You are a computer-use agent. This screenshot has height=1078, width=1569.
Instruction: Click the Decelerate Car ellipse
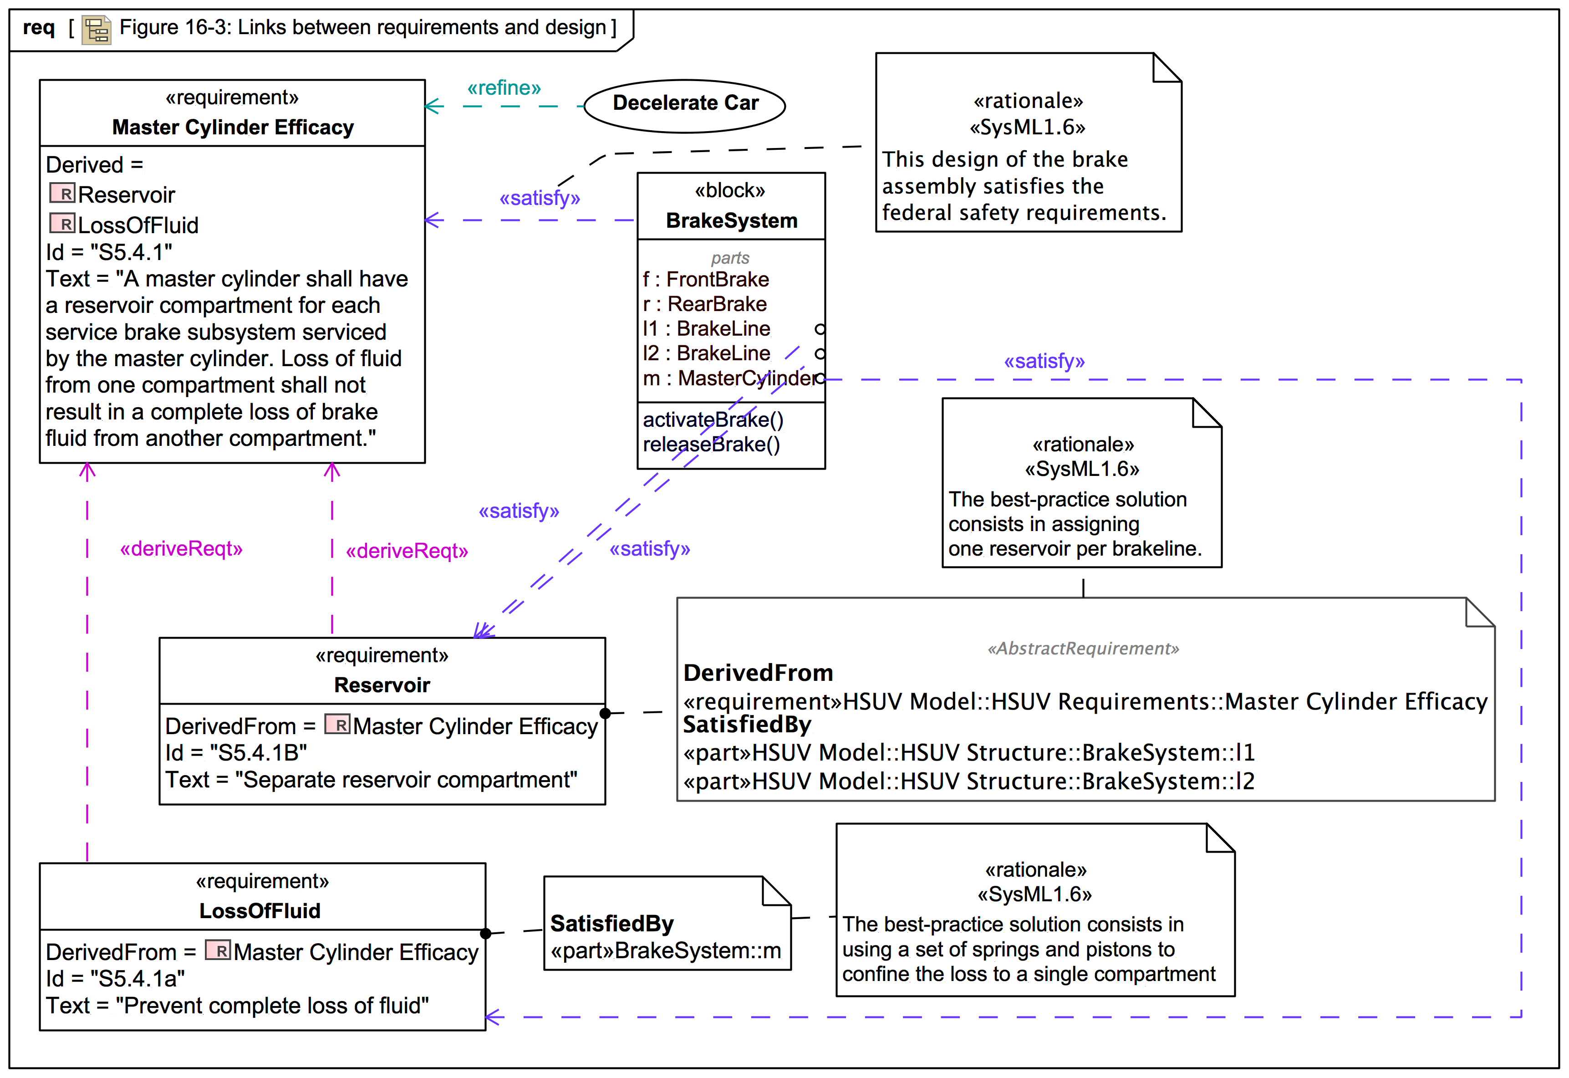[685, 105]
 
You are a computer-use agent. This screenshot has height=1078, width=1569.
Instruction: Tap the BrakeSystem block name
[731, 221]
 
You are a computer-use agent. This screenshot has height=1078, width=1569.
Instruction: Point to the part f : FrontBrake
[706, 279]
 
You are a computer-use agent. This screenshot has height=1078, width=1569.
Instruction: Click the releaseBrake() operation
[711, 444]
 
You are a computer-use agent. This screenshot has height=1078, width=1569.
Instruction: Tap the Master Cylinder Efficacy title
[233, 127]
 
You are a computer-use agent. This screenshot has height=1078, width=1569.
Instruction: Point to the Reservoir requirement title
[382, 685]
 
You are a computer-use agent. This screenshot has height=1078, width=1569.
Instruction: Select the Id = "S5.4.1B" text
[236, 752]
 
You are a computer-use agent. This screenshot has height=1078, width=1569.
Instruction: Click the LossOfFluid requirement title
[260, 910]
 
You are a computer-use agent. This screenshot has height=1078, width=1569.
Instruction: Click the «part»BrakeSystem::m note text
[666, 951]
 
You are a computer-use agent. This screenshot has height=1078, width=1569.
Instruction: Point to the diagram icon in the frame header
[97, 30]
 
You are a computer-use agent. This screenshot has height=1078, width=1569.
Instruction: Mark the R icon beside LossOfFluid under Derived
[62, 224]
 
